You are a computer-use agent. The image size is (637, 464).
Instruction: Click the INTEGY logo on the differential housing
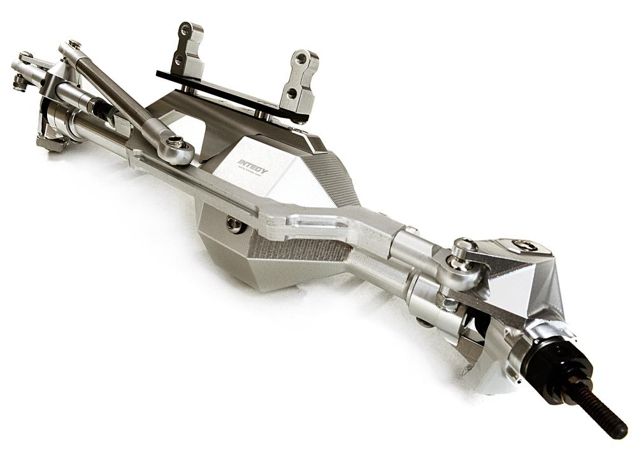253,166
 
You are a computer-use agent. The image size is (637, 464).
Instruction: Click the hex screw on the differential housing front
234,224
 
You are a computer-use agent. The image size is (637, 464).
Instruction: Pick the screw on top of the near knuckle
524,245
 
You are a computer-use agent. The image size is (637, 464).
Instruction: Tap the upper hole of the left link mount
185,30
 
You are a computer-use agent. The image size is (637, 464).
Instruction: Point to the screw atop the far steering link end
74,45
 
